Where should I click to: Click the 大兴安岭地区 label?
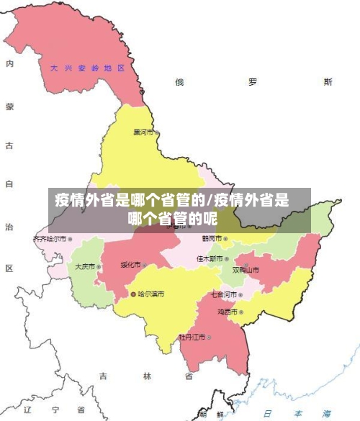[87, 68]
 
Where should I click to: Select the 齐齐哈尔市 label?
[50, 238]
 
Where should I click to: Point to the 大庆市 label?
[85, 266]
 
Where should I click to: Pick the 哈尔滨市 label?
[151, 294]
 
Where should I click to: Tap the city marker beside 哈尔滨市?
[134, 294]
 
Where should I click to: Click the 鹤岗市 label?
[212, 238]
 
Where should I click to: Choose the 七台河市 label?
[223, 294]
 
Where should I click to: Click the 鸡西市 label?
[228, 312]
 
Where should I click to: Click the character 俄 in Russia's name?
[179, 82]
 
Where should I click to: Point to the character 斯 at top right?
[328, 82]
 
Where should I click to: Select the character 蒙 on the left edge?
[9, 106]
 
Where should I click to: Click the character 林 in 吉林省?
[147, 376]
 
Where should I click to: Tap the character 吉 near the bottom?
[103, 376]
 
